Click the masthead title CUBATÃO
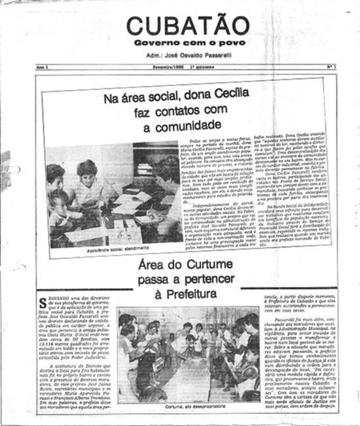click(180, 26)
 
